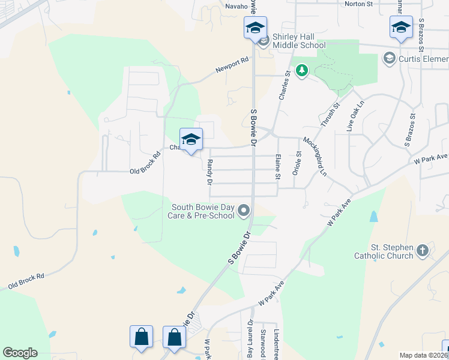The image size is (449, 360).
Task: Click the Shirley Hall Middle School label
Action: [x=299, y=41]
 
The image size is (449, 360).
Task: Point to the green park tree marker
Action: [x=301, y=71]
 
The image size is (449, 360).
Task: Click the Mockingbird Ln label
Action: [x=315, y=157]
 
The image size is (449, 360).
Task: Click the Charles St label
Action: [x=284, y=85]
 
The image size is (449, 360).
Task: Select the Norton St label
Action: [x=359, y=4]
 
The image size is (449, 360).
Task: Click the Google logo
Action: [x=20, y=353]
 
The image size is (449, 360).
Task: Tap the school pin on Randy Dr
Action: [x=191, y=140]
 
